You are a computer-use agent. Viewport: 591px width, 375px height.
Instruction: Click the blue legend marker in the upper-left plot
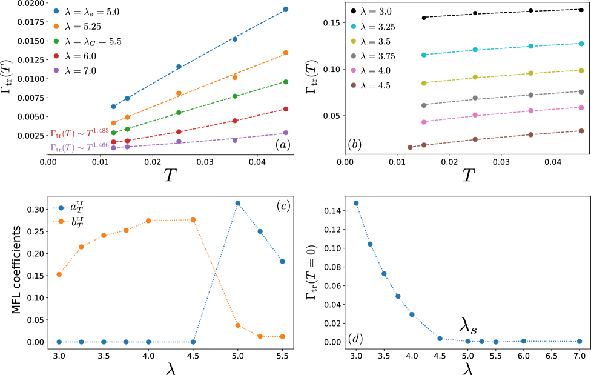pyautogui.click(x=56, y=11)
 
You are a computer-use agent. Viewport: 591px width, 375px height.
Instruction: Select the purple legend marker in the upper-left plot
pyautogui.click(x=56, y=70)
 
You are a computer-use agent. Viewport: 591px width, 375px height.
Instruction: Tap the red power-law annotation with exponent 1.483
pyautogui.click(x=79, y=133)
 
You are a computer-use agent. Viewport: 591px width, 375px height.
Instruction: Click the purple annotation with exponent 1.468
pyautogui.click(x=79, y=147)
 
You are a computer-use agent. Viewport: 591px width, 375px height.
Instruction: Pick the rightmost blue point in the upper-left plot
pyautogui.click(x=286, y=9)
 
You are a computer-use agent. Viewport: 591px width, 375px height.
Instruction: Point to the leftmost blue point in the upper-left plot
pyautogui.click(x=113, y=107)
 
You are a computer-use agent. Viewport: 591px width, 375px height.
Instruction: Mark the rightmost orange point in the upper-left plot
pyautogui.click(x=286, y=53)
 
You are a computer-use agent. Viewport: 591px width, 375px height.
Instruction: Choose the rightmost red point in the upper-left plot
pyautogui.click(x=286, y=109)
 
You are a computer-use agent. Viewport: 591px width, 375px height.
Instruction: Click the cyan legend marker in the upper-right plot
pyautogui.click(x=354, y=27)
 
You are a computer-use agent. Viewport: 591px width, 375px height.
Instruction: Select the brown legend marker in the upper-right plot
pyautogui.click(x=354, y=85)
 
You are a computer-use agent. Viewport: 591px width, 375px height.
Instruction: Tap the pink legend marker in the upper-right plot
pyautogui.click(x=354, y=71)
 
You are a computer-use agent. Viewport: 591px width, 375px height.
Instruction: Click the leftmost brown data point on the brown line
pyautogui.click(x=411, y=147)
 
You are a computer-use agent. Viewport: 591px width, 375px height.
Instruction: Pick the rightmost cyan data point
pyautogui.click(x=581, y=44)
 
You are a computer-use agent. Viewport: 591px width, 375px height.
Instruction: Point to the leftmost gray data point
pyautogui.click(x=424, y=105)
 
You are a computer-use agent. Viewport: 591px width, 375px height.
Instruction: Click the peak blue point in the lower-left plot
pyautogui.click(x=237, y=203)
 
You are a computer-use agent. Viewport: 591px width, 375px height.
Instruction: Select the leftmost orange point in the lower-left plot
pyautogui.click(x=59, y=274)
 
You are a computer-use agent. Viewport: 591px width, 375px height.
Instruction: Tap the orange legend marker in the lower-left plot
pyautogui.click(x=61, y=221)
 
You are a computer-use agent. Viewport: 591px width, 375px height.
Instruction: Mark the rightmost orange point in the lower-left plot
pyautogui.click(x=282, y=336)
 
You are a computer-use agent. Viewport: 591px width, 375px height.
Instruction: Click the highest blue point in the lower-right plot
pyautogui.click(x=356, y=203)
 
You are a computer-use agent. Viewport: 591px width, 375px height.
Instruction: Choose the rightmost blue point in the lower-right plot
pyautogui.click(x=579, y=342)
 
